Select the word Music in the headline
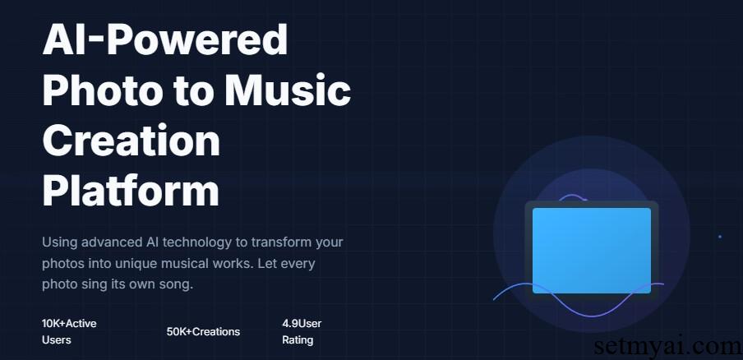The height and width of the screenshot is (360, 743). (x=288, y=90)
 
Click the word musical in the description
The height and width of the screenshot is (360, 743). (x=183, y=263)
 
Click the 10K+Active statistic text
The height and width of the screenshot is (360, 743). (x=69, y=324)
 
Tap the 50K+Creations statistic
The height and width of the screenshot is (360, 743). (x=203, y=331)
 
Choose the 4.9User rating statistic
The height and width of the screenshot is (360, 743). (x=302, y=324)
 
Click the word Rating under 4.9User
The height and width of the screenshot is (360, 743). (x=298, y=340)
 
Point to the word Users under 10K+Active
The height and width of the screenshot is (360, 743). (x=57, y=340)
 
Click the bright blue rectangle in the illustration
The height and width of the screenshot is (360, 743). (x=592, y=251)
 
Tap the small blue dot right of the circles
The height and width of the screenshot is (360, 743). (x=720, y=237)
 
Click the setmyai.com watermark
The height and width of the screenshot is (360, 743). (x=668, y=347)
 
